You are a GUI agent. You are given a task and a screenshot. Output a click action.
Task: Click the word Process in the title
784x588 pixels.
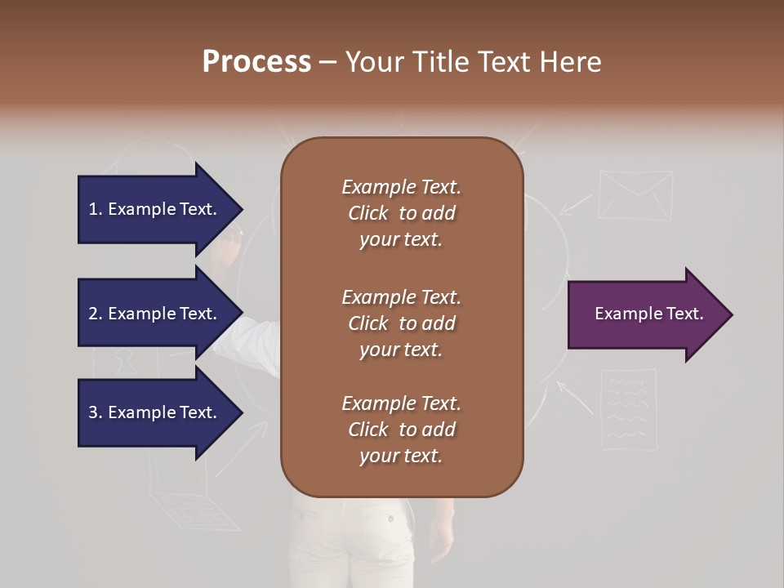(256, 62)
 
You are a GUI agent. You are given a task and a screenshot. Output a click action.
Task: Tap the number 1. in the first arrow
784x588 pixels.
(96, 209)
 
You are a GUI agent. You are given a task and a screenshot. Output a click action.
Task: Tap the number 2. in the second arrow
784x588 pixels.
(96, 314)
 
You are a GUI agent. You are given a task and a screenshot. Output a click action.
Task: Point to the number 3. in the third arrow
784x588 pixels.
(96, 412)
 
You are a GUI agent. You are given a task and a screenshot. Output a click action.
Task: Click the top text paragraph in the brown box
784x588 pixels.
(401, 213)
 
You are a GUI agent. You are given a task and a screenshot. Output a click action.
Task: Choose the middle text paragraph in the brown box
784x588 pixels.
(401, 323)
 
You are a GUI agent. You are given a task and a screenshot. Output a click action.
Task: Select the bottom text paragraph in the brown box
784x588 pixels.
(401, 430)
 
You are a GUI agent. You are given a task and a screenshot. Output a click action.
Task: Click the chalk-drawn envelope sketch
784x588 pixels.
(635, 196)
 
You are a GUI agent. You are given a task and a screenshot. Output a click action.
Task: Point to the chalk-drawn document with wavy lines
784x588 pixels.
(628, 408)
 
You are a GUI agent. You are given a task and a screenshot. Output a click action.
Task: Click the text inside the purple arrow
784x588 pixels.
(649, 314)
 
